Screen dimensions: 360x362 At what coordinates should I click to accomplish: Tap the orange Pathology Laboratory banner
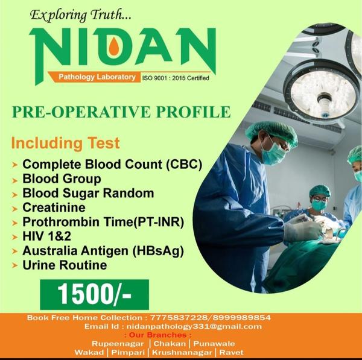click(97, 77)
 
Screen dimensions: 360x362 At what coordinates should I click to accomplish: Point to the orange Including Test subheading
click(66, 144)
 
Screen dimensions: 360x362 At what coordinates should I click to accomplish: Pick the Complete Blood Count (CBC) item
click(112, 164)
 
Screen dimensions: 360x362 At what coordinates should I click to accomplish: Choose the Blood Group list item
click(62, 179)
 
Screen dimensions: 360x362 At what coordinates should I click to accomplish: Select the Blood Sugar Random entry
click(88, 194)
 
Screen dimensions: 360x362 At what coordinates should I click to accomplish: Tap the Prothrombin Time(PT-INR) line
click(103, 222)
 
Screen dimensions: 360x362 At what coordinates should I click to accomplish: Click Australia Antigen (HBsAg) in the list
click(103, 251)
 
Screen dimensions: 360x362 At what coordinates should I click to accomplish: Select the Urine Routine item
click(65, 265)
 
